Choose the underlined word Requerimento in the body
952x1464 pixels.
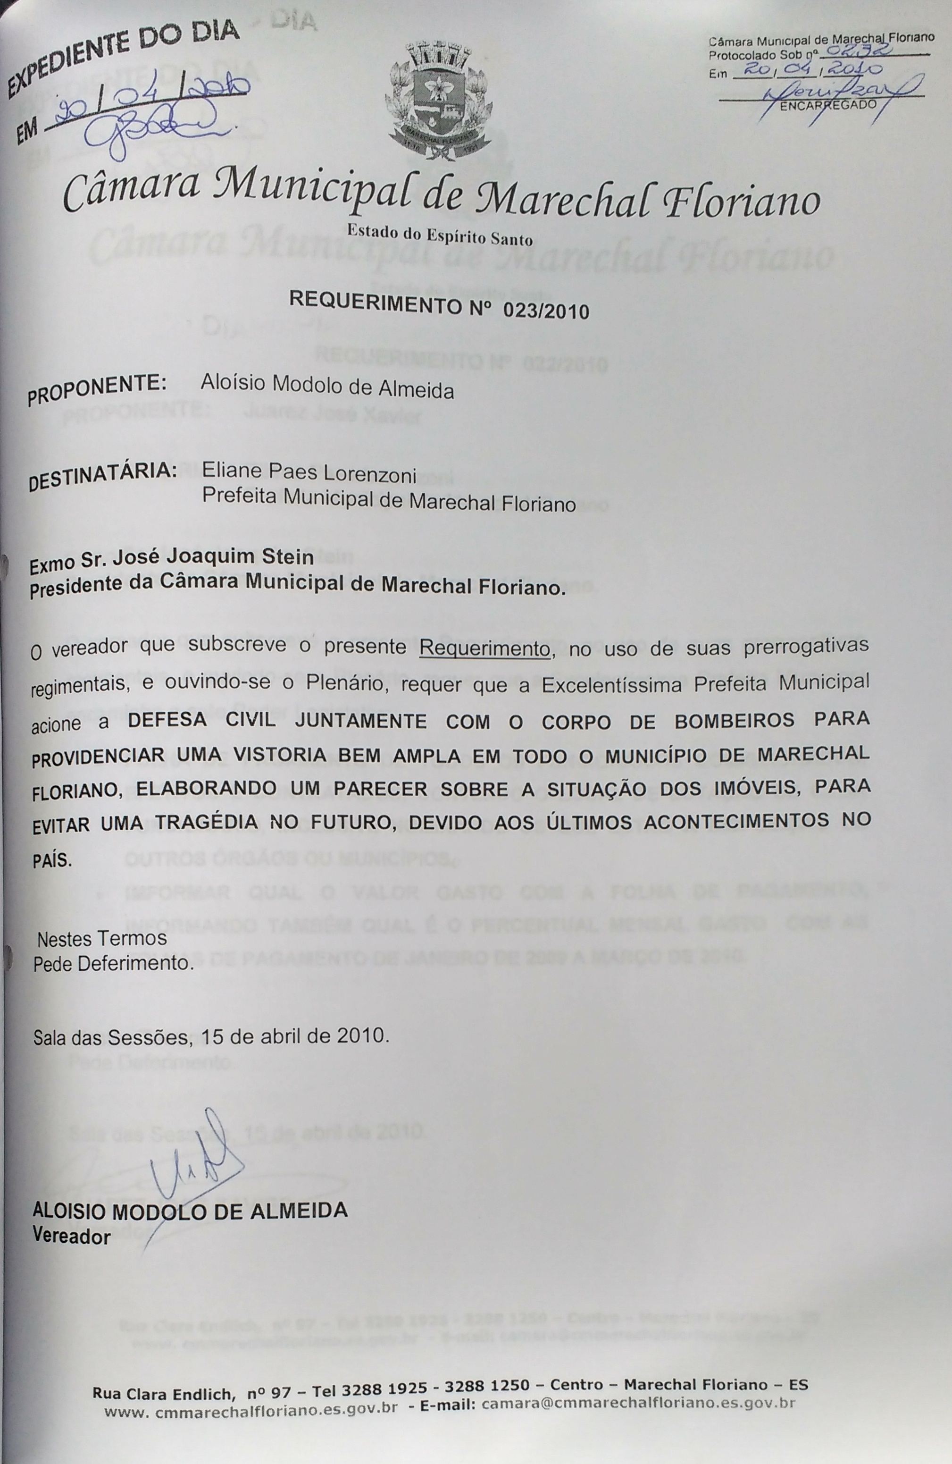click(484, 648)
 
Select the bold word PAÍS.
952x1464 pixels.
click(52, 860)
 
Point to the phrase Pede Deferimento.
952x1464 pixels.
click(113, 963)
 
